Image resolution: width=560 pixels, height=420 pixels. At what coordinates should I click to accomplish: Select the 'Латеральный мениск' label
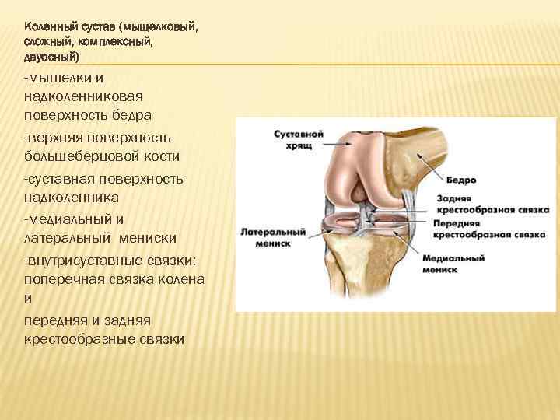(273, 237)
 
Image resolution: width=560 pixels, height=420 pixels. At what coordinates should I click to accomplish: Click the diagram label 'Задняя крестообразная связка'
(492, 205)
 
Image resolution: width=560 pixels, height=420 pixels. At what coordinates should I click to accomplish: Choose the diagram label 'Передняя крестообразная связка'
(492, 229)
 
